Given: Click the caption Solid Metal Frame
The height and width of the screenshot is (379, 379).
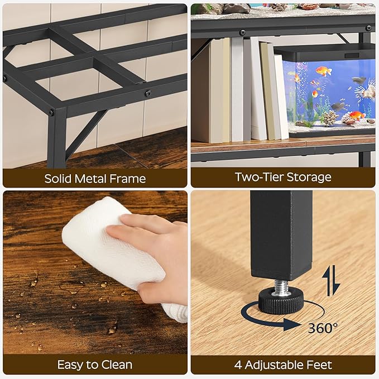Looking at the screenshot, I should (95, 179).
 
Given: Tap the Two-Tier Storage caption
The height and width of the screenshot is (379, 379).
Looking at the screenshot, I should (283, 177).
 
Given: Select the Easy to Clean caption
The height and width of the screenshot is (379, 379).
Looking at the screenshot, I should (95, 365).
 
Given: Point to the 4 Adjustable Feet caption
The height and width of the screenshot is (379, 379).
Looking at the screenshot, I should (283, 365).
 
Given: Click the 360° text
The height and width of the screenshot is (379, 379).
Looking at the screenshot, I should (323, 328).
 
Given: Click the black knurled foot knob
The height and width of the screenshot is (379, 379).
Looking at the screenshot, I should (281, 301).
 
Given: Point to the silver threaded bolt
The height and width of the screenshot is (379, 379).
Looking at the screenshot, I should (281, 285).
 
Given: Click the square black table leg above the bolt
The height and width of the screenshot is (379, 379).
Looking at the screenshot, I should (281, 234).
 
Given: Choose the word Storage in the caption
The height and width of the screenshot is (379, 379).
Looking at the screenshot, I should (309, 177).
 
